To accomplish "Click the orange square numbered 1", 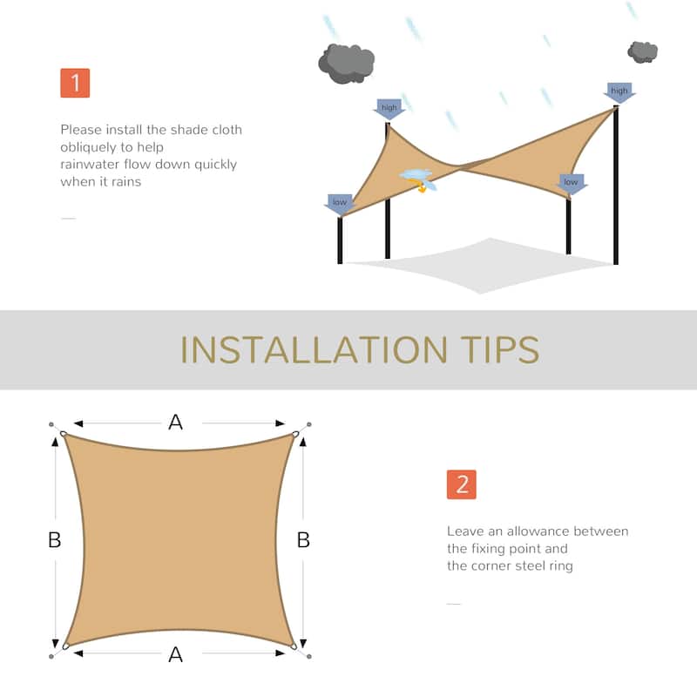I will click(75, 83).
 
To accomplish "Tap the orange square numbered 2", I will click(461, 484).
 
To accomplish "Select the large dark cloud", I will click(346, 62).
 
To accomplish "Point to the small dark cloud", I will click(642, 51).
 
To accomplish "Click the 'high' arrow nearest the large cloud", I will click(389, 109).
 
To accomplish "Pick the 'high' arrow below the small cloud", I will click(619, 91).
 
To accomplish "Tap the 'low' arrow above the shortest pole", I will click(340, 203).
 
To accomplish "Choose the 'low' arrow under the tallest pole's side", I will click(571, 183).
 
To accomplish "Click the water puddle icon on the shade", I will click(417, 176).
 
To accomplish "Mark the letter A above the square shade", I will click(175, 423).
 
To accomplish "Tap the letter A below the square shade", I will click(175, 654).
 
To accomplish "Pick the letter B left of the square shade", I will click(54, 540).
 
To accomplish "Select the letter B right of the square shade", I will click(303, 540).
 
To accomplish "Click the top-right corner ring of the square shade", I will click(295, 434).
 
